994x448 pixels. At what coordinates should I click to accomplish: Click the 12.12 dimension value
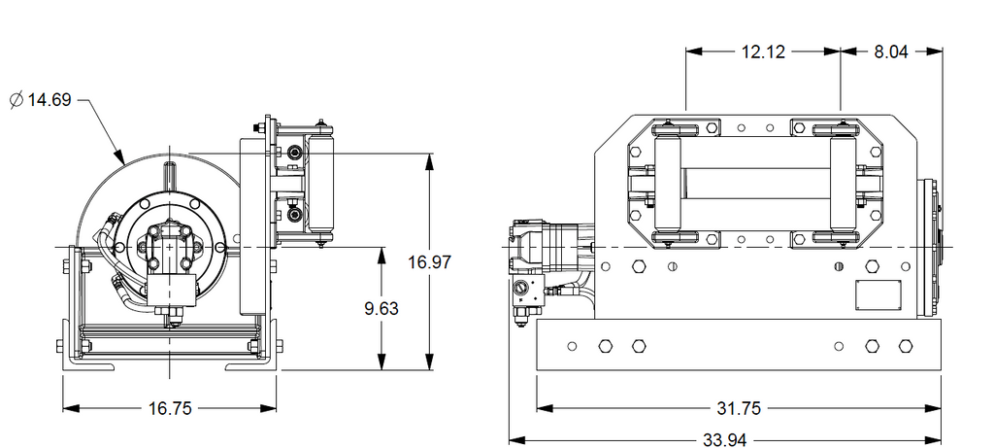[763, 52]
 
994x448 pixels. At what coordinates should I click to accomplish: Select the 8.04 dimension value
[891, 52]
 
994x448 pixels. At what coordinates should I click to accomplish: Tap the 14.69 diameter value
[50, 100]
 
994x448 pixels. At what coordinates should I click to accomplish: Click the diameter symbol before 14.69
[17, 100]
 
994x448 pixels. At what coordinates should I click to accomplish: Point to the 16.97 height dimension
[429, 261]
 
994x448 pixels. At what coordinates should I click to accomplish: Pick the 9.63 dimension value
[381, 308]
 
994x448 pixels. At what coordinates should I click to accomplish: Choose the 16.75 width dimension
[170, 409]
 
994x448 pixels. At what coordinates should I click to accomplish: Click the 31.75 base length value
[739, 409]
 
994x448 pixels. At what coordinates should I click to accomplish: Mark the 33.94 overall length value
[725, 439]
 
